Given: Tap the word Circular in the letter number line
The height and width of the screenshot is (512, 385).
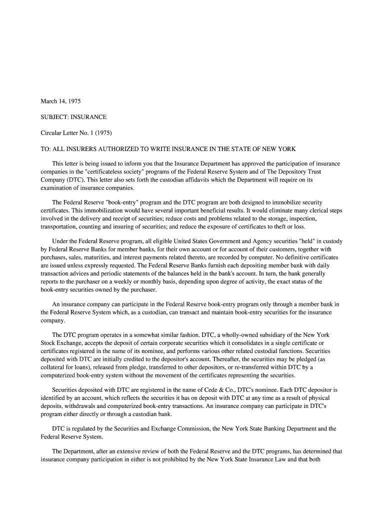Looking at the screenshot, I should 51,133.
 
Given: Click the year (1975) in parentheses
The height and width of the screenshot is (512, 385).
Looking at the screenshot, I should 102,133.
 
